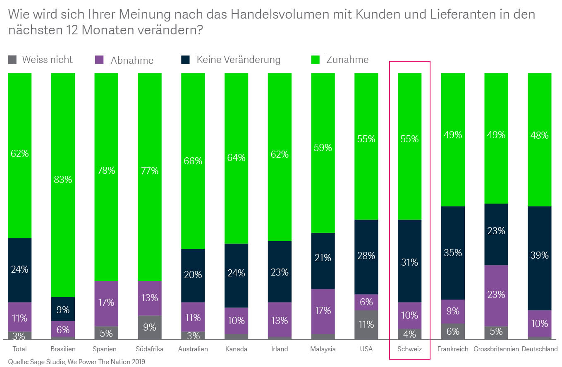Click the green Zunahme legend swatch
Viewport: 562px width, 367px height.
click(315, 60)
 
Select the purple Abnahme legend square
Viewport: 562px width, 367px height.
click(99, 60)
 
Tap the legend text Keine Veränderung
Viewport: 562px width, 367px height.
click(238, 60)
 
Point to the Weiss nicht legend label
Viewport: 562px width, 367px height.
click(47, 60)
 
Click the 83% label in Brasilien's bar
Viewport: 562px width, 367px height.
click(63, 180)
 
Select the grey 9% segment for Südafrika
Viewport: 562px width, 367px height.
click(149, 327)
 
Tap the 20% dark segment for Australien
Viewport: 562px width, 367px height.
click(193, 275)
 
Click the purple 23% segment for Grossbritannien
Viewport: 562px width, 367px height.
click(496, 295)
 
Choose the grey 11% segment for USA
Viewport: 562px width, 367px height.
click(366, 325)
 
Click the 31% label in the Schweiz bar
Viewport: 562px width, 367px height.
click(409, 262)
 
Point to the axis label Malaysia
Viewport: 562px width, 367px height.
click(323, 349)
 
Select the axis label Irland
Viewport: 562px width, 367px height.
click(280, 349)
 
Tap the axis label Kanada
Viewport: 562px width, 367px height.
click(236, 349)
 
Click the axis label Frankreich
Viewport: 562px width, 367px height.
click(453, 349)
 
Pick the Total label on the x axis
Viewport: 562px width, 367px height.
click(19, 349)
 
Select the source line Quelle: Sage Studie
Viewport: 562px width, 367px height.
click(77, 362)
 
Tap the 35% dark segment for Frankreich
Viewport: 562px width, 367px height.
click(453, 252)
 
